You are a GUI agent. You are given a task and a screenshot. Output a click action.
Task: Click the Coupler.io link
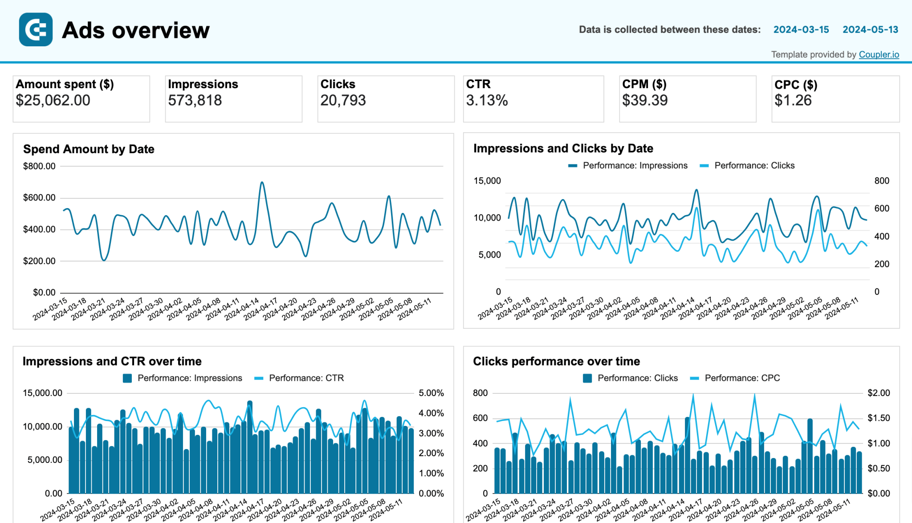pyautogui.click(x=879, y=54)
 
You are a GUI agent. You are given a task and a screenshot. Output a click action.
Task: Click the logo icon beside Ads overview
pyautogui.click(x=36, y=30)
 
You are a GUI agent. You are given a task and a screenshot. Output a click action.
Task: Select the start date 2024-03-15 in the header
pyautogui.click(x=801, y=29)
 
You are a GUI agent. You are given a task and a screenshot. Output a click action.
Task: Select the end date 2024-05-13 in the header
pyautogui.click(x=870, y=29)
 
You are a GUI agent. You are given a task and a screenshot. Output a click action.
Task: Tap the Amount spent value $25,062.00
pyautogui.click(x=53, y=100)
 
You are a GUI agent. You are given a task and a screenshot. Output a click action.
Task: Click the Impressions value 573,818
pyautogui.click(x=195, y=100)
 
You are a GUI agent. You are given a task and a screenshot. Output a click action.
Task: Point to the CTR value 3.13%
pyautogui.click(x=487, y=100)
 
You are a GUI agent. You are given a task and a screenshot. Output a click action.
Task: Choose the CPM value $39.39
pyautogui.click(x=645, y=100)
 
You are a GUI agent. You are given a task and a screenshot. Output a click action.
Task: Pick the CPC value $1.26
pyautogui.click(x=793, y=100)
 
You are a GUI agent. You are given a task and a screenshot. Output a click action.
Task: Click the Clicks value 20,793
pyautogui.click(x=343, y=100)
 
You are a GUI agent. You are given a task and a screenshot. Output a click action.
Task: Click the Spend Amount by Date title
pyautogui.click(x=89, y=149)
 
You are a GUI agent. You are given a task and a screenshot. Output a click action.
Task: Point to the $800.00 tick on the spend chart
pyautogui.click(x=39, y=166)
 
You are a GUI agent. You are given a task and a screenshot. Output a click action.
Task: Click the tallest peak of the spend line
pyautogui.click(x=262, y=182)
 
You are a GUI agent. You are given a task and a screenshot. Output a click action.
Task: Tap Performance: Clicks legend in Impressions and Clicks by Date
pyautogui.click(x=754, y=165)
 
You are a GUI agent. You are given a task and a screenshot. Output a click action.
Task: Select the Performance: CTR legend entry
pyautogui.click(x=306, y=378)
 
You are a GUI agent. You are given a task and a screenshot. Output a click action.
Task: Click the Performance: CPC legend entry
pyautogui.click(x=742, y=378)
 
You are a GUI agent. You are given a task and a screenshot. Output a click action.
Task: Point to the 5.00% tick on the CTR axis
pyautogui.click(x=431, y=393)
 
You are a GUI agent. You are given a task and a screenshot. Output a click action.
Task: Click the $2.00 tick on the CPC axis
pyautogui.click(x=879, y=393)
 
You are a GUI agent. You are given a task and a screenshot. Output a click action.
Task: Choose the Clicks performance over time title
pyautogui.click(x=556, y=361)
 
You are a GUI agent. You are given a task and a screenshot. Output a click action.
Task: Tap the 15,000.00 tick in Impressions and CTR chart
pyautogui.click(x=42, y=393)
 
